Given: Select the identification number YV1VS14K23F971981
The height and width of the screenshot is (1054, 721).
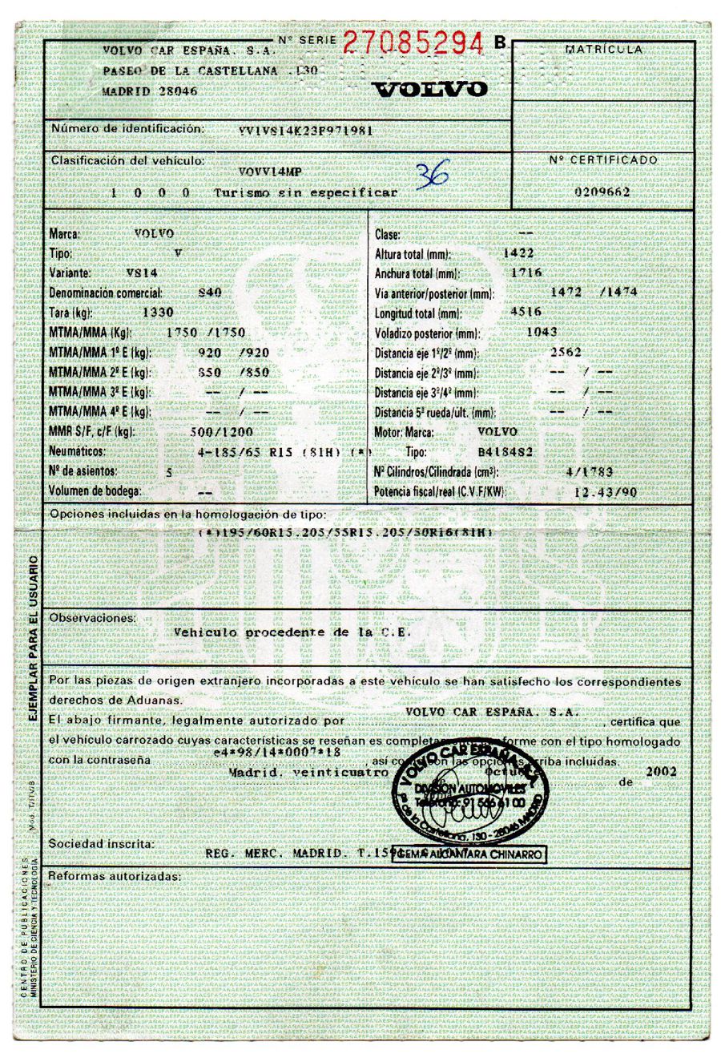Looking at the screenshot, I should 305,130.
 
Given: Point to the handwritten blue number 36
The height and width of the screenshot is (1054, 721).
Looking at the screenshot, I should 433,175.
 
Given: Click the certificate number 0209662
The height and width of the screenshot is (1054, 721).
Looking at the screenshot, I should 602,192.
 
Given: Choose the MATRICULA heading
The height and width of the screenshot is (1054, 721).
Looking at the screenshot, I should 603,50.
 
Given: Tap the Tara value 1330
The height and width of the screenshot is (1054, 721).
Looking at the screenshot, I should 158,312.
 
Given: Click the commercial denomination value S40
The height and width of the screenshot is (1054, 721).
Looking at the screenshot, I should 210,293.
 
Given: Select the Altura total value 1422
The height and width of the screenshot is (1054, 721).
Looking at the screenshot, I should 518,253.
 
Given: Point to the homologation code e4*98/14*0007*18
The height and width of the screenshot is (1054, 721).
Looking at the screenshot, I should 278,753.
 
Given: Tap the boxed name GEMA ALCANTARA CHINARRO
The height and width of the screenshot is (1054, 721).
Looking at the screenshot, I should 471,854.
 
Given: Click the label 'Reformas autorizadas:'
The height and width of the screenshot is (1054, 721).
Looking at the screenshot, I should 115,877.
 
